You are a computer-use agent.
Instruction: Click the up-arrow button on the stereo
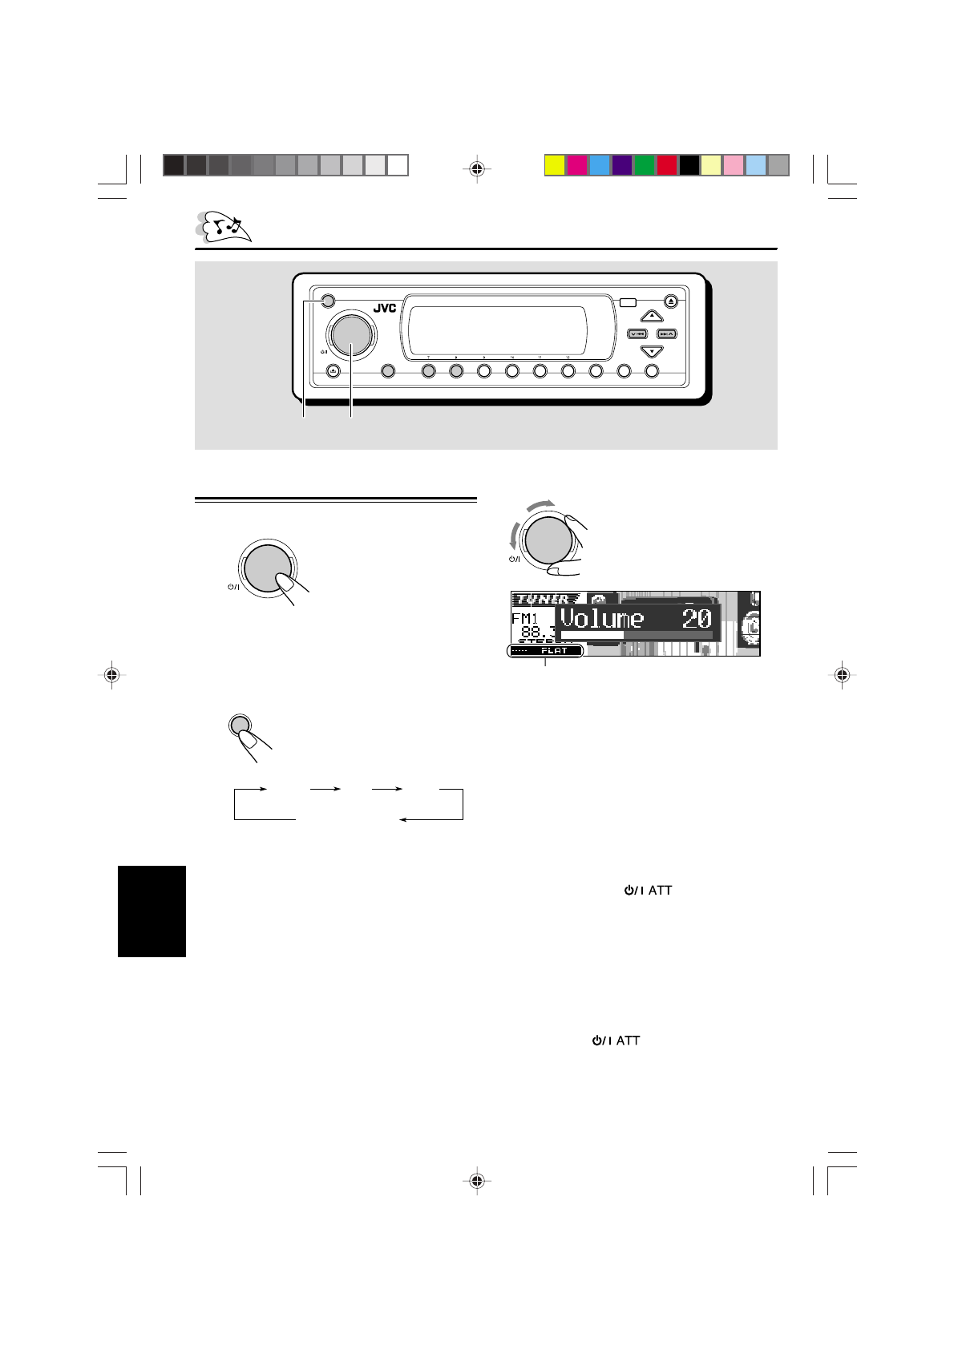coord(652,317)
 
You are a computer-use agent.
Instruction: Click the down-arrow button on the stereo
coord(652,351)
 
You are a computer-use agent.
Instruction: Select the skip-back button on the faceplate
coord(637,333)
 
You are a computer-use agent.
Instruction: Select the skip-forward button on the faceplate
coord(667,333)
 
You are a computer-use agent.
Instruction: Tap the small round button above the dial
coord(325,302)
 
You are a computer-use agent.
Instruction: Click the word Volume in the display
coord(601,618)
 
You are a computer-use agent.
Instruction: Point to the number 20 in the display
coord(696,618)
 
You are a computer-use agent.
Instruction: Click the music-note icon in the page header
coord(225,227)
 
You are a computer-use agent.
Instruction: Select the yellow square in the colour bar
coord(554,165)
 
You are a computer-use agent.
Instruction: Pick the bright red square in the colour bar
coord(666,165)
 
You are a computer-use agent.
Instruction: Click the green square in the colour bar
coord(644,165)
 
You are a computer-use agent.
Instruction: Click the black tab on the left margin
coord(152,911)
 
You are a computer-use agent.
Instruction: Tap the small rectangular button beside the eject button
coord(627,303)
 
